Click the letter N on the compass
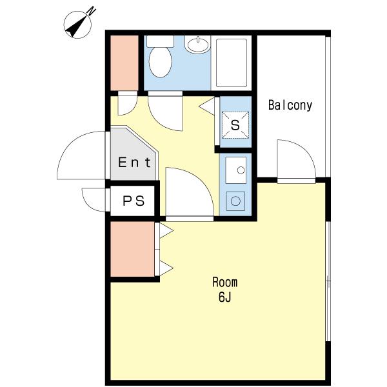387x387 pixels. click(x=92, y=11)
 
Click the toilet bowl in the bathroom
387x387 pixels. click(x=160, y=62)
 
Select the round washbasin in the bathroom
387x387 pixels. click(x=198, y=45)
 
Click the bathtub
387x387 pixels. click(x=232, y=63)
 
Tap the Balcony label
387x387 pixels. click(x=290, y=105)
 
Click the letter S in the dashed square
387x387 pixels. click(x=235, y=125)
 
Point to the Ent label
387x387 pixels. click(x=134, y=163)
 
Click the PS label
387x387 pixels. click(x=134, y=201)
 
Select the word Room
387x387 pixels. click(x=225, y=283)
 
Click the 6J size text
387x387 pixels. click(x=224, y=297)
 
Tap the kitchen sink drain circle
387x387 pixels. click(x=241, y=170)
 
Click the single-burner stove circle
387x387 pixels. click(x=235, y=201)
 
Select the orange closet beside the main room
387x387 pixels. click(x=132, y=249)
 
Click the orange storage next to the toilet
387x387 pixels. click(x=124, y=63)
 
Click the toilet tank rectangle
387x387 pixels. click(x=160, y=41)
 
